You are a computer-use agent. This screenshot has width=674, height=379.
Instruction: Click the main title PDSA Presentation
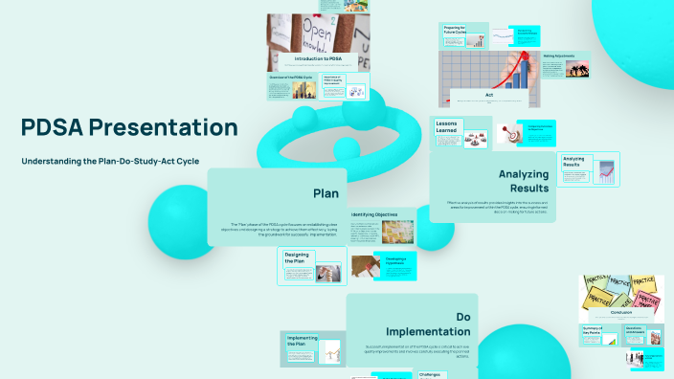pyautogui.click(x=129, y=127)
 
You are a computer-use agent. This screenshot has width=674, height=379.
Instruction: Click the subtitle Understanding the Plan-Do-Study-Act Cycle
pyautogui.click(x=116, y=161)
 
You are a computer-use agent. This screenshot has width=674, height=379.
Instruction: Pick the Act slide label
pyautogui.click(x=488, y=95)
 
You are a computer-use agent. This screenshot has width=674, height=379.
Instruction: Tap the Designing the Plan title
pyautogui.click(x=297, y=256)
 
